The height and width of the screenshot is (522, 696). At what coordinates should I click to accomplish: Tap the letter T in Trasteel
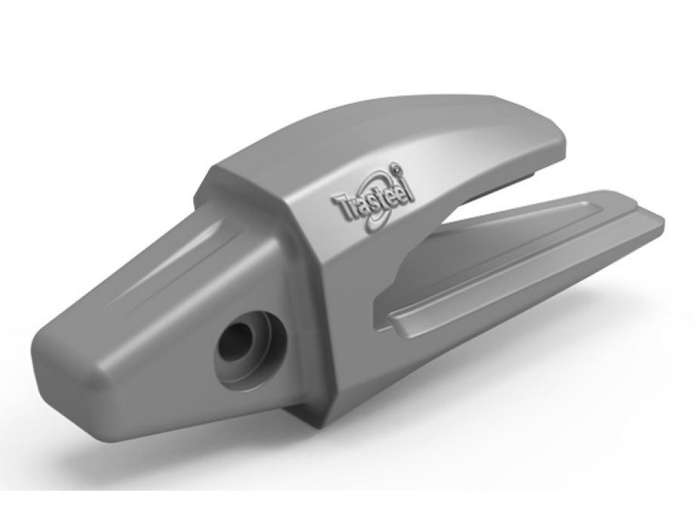(337, 205)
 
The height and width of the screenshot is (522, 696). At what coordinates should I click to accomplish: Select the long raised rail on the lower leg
(517, 272)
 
